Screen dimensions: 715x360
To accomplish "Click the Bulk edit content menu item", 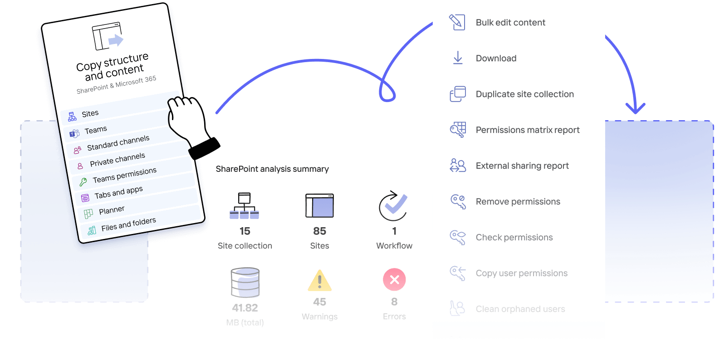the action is point(510,23).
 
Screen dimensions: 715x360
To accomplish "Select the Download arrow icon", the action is point(458,58).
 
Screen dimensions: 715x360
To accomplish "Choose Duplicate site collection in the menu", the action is point(524,94).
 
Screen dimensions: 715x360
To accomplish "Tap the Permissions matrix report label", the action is point(527,130).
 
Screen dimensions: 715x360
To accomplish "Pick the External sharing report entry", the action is point(522,166).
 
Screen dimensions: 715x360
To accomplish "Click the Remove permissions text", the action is point(518,202).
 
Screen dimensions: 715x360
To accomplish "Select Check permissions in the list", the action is point(514,238).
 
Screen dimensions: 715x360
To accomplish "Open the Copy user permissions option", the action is point(521,273).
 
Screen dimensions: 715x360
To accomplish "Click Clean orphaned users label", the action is point(520,309).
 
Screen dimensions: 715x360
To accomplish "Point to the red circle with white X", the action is point(394,280).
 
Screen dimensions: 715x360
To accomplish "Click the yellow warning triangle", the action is point(319,281).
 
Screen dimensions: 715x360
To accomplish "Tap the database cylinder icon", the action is point(245,283).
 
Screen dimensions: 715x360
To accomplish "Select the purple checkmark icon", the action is point(394,205).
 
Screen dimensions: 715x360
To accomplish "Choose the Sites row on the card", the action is point(90,113).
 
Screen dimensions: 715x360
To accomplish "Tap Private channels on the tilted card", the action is point(117,160).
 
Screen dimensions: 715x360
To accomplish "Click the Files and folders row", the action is point(128,224).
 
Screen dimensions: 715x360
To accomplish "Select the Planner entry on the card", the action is point(112,210).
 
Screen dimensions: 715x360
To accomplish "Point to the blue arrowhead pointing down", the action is point(635,108).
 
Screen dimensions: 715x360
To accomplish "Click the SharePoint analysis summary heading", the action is point(272,169).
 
